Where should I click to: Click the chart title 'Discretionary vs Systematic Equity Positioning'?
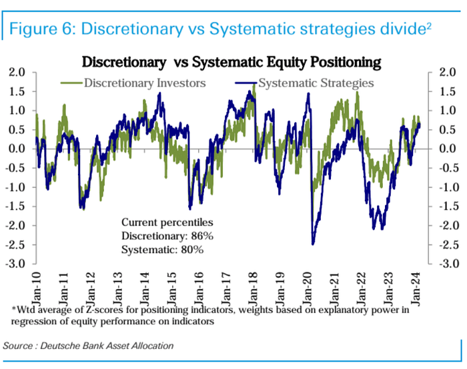(231, 63)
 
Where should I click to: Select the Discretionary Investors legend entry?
(133, 83)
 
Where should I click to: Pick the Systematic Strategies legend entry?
(305, 83)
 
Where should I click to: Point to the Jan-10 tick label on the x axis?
(36, 289)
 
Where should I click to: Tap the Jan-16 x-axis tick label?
(199, 289)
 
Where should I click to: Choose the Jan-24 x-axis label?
(416, 289)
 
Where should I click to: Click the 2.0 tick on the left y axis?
(17, 72)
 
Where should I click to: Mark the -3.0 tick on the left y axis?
(15, 264)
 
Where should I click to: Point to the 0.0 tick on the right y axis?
(448, 149)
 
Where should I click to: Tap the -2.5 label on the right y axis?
(445, 244)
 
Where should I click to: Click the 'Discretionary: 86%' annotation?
(167, 236)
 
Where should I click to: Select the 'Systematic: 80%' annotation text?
(162, 250)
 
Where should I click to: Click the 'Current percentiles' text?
(167, 222)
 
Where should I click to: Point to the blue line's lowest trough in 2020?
(313, 244)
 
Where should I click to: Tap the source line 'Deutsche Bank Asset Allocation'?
(107, 346)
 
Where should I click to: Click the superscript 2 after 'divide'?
(428, 25)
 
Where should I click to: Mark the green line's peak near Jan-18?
(254, 85)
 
